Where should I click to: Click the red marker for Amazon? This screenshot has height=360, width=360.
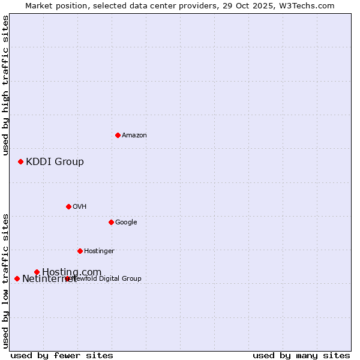click(118, 135)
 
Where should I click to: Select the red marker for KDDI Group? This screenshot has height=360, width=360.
click(20, 161)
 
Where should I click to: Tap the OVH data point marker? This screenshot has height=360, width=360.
click(68, 206)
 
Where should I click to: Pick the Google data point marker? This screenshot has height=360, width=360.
click(111, 222)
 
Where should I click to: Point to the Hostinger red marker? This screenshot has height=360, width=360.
click(80, 251)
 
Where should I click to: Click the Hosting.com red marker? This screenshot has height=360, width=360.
click(37, 272)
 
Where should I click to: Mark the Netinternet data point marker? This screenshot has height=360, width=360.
click(17, 278)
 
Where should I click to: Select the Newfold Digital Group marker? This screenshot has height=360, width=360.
click(67, 278)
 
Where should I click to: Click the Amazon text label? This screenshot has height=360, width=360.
click(134, 135)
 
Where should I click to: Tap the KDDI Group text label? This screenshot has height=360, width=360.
click(55, 161)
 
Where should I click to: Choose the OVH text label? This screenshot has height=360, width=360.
click(80, 206)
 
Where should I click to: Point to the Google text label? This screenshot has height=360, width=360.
click(126, 222)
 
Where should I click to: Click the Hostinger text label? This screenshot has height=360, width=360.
click(99, 251)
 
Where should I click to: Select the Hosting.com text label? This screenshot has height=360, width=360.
click(71, 272)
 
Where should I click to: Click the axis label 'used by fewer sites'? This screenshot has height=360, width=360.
click(62, 355)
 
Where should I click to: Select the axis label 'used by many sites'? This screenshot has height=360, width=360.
click(301, 355)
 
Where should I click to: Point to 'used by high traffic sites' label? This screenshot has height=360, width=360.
click(5, 85)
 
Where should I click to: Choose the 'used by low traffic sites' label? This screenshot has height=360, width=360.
click(5, 281)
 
